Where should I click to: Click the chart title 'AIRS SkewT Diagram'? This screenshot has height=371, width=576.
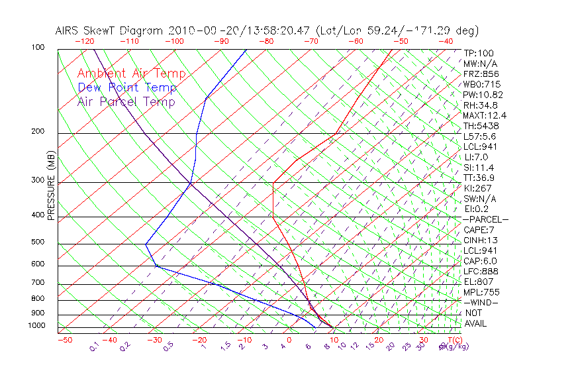pos(110,31)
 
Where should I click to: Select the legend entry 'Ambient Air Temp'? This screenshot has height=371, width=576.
pos(132,74)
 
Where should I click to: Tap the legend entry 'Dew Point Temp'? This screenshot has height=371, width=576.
pos(127,88)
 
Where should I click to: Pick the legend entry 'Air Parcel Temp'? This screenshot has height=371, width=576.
pos(126,102)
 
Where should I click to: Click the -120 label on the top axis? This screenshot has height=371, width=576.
pos(84,41)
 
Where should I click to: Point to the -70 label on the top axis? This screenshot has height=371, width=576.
pos(310,41)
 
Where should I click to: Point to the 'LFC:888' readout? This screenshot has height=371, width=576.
pos(481,272)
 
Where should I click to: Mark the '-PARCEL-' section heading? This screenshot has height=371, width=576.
pos(485,219)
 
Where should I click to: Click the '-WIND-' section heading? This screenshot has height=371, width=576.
pos(481,303)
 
